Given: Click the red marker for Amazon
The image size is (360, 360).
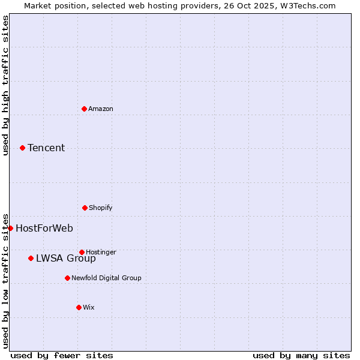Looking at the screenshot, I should pos(84,109).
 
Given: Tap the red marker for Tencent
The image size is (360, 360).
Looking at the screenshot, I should pos(22,148).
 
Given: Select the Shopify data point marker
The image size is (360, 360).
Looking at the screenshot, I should pos(85,208).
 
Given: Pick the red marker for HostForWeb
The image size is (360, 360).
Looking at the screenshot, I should pos(10,228).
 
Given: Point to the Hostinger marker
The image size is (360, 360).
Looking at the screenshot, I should pos(82,252).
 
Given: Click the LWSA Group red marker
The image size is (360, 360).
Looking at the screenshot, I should pos(31,258).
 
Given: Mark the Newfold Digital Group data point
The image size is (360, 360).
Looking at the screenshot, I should pos(67,278).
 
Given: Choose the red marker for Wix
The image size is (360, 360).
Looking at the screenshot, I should pos(79,307).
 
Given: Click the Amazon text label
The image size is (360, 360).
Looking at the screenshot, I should pos(101,109).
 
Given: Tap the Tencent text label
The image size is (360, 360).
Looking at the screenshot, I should pos(46,148).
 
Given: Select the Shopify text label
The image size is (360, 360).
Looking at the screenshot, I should pos(101,208).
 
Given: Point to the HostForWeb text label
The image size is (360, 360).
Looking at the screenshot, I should pos(44,228).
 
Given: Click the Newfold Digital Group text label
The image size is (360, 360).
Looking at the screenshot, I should pos(106,278).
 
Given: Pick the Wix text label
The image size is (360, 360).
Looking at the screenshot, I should pos(89,307).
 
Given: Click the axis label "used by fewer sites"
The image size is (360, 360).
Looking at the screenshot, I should pos(62,355).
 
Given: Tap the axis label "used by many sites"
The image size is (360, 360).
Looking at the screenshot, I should pos(301,355).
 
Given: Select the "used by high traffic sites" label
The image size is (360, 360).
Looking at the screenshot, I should pos(5,85).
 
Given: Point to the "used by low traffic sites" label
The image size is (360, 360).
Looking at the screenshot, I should pos(5,280).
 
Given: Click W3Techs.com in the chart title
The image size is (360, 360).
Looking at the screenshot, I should pos(306,5).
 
